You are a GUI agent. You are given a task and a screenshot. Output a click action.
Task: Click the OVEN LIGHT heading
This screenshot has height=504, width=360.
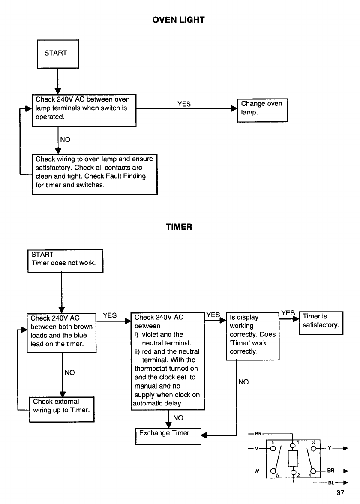(178, 20)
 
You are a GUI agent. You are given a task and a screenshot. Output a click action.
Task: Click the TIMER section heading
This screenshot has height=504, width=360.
(179, 227)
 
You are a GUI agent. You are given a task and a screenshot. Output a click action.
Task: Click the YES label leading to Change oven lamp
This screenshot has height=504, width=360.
(184, 104)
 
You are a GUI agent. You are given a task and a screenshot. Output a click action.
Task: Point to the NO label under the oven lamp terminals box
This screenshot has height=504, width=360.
(65, 140)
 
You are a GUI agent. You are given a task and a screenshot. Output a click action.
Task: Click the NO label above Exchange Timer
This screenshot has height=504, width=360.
(178, 418)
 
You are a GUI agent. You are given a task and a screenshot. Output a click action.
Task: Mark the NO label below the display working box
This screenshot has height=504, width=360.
(243, 382)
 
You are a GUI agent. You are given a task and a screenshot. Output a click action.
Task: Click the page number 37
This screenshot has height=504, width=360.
(340, 493)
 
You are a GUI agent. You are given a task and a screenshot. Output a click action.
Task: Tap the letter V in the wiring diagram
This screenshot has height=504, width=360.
(256, 448)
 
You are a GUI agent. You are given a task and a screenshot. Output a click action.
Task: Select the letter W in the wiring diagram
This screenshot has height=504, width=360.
(256, 471)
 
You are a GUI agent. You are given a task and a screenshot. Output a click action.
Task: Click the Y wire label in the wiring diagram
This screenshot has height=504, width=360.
(330, 448)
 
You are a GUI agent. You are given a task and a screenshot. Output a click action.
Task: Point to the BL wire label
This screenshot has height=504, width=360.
(331, 483)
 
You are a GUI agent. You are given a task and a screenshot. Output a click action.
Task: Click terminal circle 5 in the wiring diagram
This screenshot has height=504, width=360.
(273, 449)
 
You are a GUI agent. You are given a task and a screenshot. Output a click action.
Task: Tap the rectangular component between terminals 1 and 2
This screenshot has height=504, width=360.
(293, 459)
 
